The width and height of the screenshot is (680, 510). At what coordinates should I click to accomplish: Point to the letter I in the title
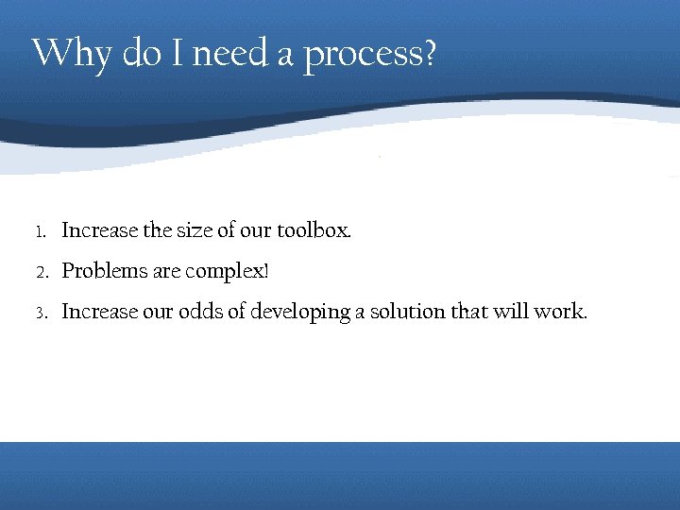coord(178,53)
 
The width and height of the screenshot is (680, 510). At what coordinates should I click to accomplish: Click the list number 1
coord(40,231)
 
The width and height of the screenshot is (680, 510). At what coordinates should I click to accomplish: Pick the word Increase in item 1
coord(99,230)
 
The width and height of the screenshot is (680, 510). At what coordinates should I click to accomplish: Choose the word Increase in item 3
coord(99,313)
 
